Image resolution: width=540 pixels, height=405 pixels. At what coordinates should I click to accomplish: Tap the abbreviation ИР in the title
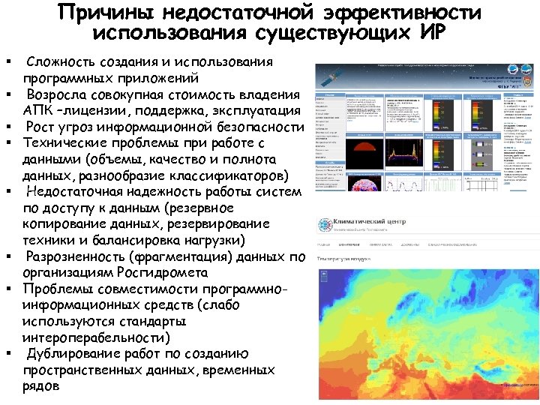[x=429, y=33]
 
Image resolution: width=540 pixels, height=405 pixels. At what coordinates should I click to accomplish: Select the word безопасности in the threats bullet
[x=256, y=127]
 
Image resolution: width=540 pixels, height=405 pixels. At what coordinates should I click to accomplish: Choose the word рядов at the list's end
[x=42, y=387]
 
